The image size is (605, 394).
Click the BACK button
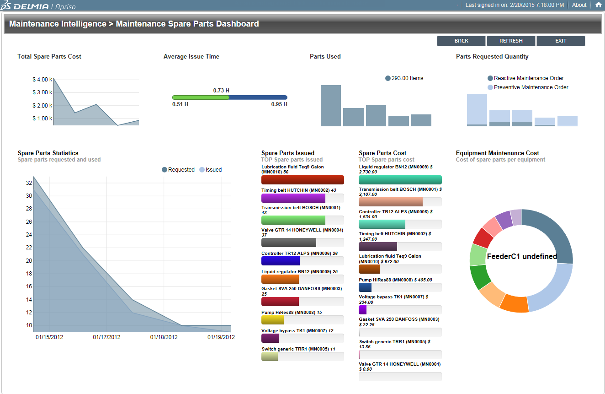[461, 41]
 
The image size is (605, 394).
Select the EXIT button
[561, 41]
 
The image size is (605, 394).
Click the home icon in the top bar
[598, 5]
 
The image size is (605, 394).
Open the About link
[579, 5]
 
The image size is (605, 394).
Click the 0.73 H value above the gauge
[221, 90]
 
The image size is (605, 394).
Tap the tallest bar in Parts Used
[331, 105]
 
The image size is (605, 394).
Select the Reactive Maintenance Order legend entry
[525, 78]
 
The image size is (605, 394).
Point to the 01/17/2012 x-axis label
[106, 337]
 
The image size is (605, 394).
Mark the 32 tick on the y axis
[29, 183]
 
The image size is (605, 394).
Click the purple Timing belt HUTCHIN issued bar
[293, 198]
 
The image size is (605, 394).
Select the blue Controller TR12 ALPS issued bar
[281, 261]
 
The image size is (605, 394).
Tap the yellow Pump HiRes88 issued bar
[272, 320]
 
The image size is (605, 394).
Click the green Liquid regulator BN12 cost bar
[400, 180]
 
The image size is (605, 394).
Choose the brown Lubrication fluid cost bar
[369, 269]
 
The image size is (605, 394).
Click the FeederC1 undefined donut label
[522, 257]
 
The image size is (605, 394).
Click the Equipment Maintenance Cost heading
[497, 153]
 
